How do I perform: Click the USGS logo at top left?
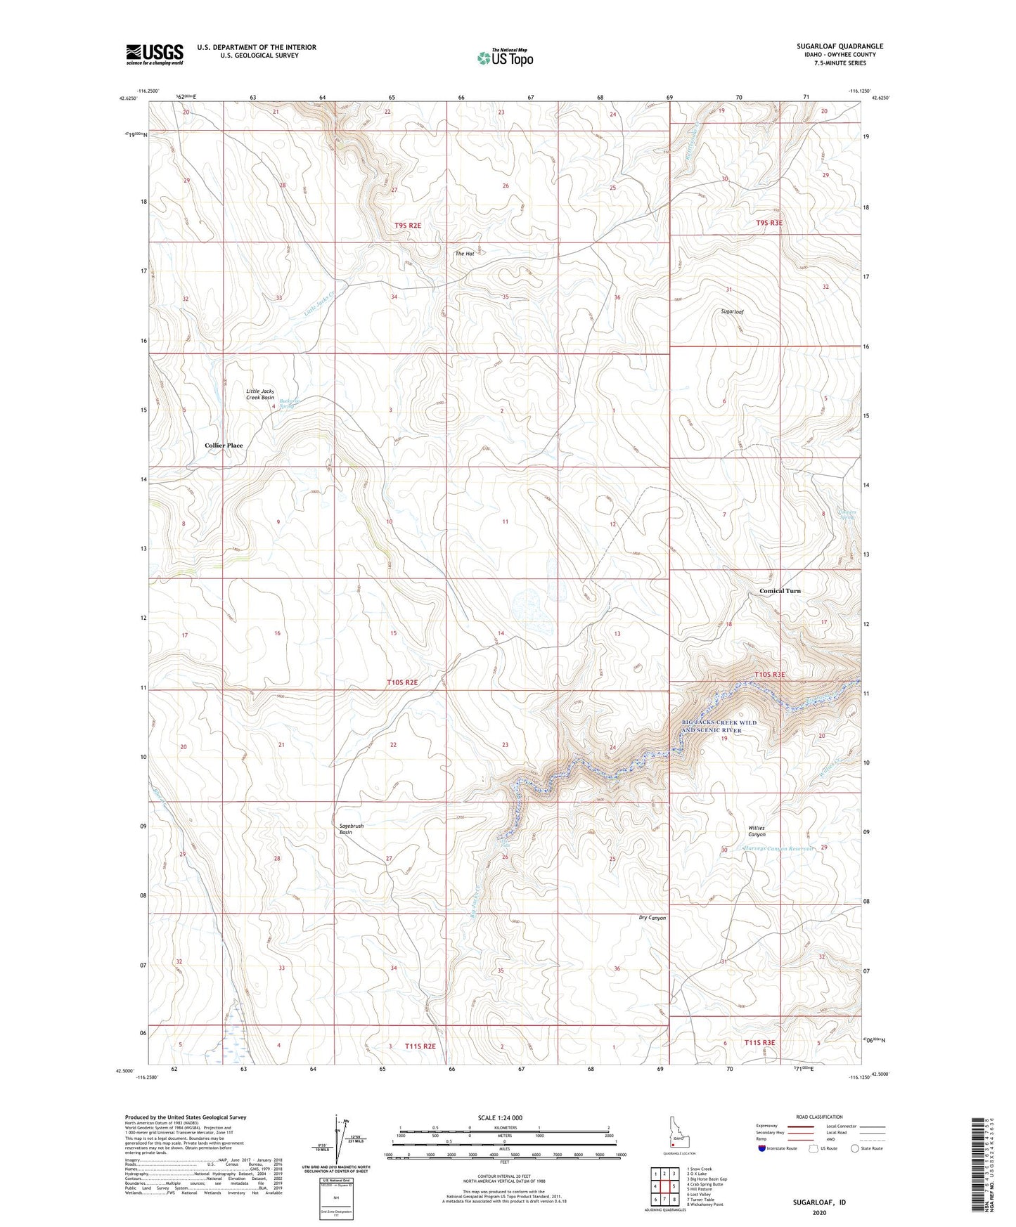[154, 54]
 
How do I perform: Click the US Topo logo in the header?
[505, 58]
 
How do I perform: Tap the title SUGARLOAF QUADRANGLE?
[840, 46]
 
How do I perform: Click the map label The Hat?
[464, 253]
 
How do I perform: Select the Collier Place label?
[224, 446]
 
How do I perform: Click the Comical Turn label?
[780, 591]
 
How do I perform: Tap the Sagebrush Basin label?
[351, 829]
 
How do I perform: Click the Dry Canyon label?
[652, 918]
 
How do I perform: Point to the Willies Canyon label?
[756, 831]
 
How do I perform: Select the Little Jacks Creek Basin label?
[259, 394]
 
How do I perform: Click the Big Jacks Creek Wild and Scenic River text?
[719, 726]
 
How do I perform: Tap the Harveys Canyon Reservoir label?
[778, 849]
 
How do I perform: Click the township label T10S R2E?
[402, 682]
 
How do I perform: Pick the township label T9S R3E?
[769, 223]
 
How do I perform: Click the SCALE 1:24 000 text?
[499, 1117]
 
